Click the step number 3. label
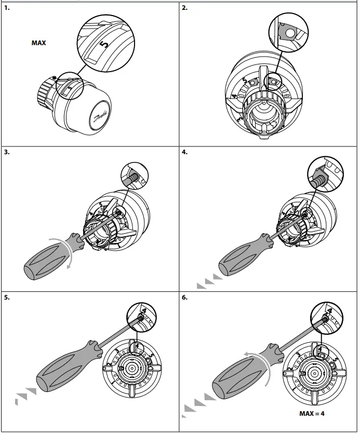(x=6, y=153)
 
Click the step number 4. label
(x=185, y=153)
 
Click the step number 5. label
(x=6, y=298)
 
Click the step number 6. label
(x=185, y=298)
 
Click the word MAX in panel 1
(x=38, y=43)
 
